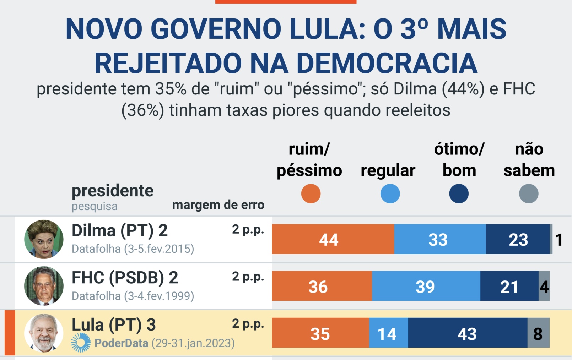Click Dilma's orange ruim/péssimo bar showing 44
(333, 239)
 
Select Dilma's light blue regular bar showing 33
(440, 239)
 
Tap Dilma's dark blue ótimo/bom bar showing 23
(518, 239)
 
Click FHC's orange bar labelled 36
(322, 286)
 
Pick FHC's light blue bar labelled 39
(426, 286)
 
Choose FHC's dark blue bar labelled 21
(509, 286)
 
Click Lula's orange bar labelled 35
(320, 333)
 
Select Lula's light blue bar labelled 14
(388, 333)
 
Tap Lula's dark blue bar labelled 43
(468, 333)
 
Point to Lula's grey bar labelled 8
(538, 333)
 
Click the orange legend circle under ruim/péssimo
(311, 193)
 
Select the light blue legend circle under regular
(390, 193)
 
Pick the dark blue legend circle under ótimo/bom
(459, 193)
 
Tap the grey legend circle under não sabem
(529, 193)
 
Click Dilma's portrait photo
(44, 239)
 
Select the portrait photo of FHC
(44, 286)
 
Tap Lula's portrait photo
(44, 333)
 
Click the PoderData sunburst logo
(81, 343)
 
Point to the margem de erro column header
(218, 205)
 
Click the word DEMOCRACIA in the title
(387, 63)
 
